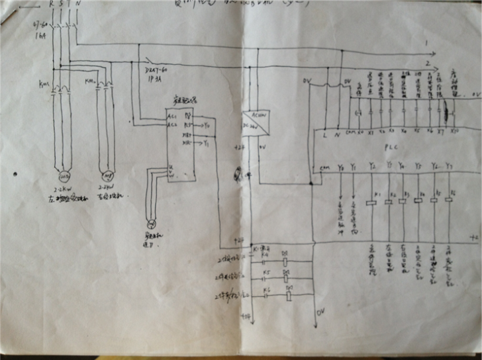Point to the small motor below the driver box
pyautogui.click(x=151, y=223)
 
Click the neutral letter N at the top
pyautogui.click(x=79, y=5)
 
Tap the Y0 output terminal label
pyautogui.click(x=340, y=167)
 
